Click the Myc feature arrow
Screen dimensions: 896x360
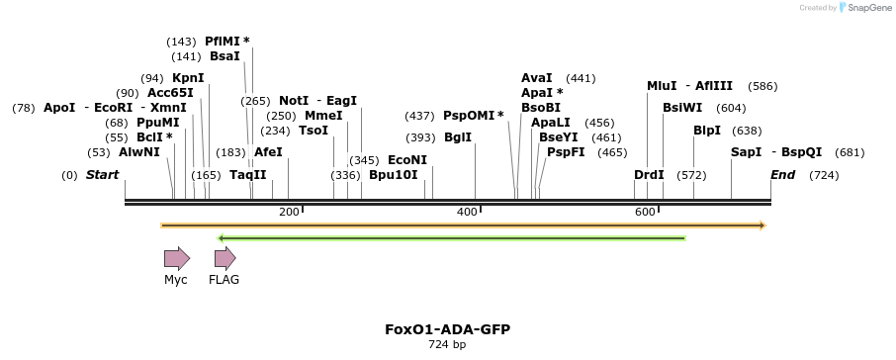pyautogui.click(x=177, y=259)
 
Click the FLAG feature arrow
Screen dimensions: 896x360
pyautogui.click(x=225, y=259)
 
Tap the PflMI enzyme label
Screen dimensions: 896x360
pyautogui.click(x=223, y=42)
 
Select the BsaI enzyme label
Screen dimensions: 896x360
pyautogui.click(x=224, y=56)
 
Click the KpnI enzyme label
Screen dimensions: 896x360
pyautogui.click(x=188, y=78)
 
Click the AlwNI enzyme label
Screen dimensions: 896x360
pyautogui.click(x=138, y=152)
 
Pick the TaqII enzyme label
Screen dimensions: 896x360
pyautogui.click(x=248, y=174)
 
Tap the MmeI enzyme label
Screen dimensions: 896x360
pyautogui.click(x=323, y=116)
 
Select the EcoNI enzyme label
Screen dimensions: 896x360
pyautogui.click(x=407, y=159)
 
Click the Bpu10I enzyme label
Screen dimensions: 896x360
pyautogui.click(x=394, y=174)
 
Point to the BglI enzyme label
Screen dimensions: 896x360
pyautogui.click(x=458, y=137)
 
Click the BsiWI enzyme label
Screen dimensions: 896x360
pyautogui.click(x=682, y=108)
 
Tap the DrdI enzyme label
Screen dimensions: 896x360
pyautogui.click(x=649, y=174)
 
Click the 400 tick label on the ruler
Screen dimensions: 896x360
pyautogui.click(x=467, y=213)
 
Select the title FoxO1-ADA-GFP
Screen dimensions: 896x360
pyautogui.click(x=447, y=329)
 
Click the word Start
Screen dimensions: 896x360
pyautogui.click(x=102, y=174)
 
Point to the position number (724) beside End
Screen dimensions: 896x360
pyautogui.click(x=824, y=175)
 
